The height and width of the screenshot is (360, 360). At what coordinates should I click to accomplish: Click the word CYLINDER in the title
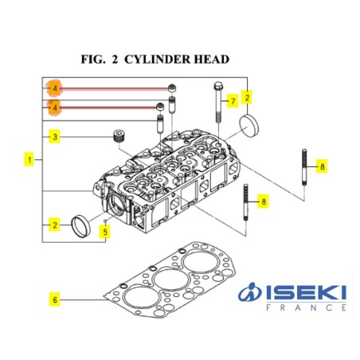[157, 59]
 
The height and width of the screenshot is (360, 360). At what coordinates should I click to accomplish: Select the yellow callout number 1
[29, 159]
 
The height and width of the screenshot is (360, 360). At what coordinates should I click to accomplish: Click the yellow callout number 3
[54, 137]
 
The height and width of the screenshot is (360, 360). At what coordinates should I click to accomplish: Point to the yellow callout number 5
[105, 232]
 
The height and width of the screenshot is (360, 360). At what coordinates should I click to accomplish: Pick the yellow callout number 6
[55, 299]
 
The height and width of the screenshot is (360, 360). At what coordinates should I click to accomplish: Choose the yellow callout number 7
[233, 101]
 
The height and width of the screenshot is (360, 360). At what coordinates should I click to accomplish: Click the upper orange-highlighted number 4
[54, 88]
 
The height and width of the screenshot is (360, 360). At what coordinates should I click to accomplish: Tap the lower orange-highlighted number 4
[54, 108]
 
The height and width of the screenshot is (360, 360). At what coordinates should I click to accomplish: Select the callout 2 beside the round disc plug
[247, 98]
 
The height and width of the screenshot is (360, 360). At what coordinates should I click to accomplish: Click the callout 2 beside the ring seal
[54, 225]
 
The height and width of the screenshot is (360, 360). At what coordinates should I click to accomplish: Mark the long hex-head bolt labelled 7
[217, 102]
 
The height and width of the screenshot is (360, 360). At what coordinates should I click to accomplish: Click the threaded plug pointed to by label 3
[119, 136]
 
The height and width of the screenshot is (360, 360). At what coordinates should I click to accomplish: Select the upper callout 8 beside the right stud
[322, 166]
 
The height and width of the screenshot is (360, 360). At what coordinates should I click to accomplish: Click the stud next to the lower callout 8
[245, 202]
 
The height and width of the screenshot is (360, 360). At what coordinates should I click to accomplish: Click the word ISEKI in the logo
[306, 292]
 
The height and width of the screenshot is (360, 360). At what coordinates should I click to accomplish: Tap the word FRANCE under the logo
[306, 307]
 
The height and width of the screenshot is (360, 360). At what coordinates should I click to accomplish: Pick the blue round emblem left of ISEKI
[250, 292]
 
